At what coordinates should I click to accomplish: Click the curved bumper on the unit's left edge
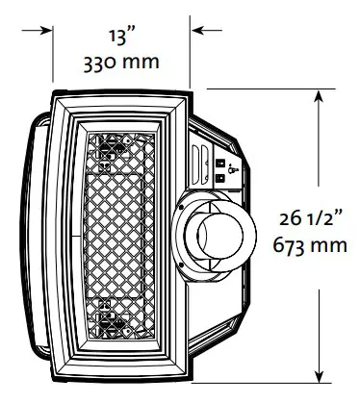(39, 236)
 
